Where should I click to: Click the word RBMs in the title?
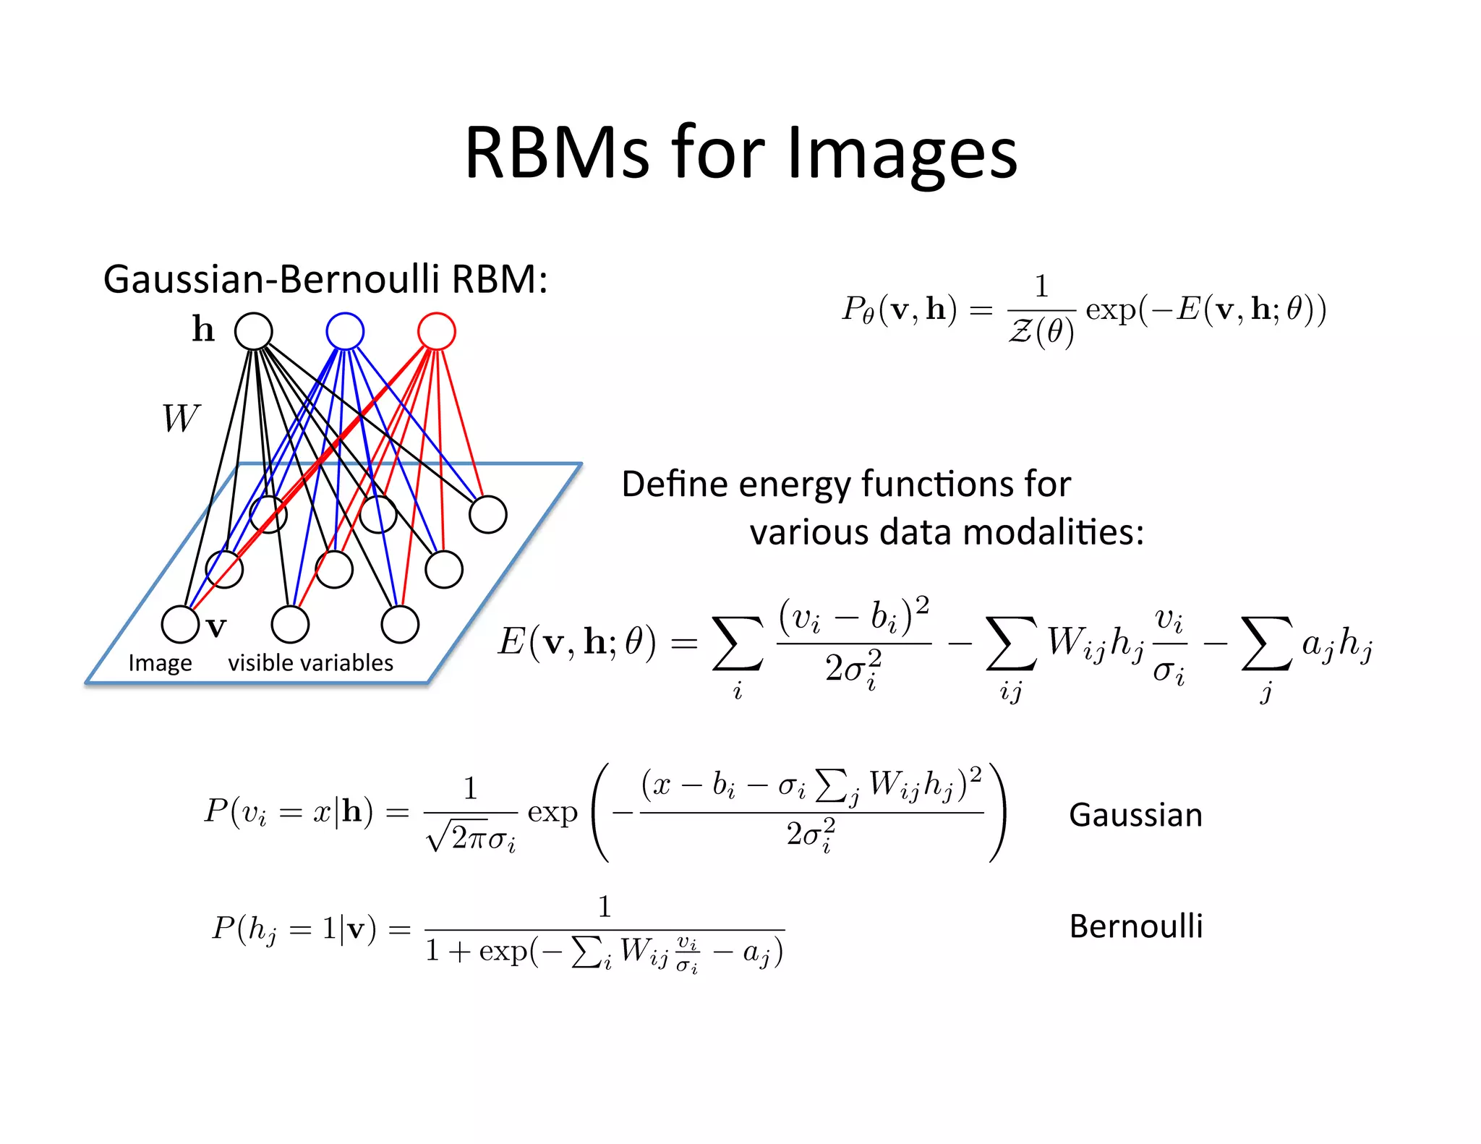[557, 153]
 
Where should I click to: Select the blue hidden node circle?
[345, 331]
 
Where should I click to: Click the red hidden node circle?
[437, 331]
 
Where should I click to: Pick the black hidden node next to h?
[254, 331]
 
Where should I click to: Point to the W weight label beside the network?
[180, 418]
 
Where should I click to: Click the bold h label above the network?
[203, 329]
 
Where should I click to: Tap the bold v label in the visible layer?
[216, 627]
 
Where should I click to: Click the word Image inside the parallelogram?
[160, 663]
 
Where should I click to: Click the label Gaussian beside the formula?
[1135, 815]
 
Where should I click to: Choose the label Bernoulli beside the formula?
[1135, 926]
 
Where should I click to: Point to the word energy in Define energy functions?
[765, 485]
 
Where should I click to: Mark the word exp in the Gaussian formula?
[552, 813]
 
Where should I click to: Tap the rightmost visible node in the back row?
[488, 514]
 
